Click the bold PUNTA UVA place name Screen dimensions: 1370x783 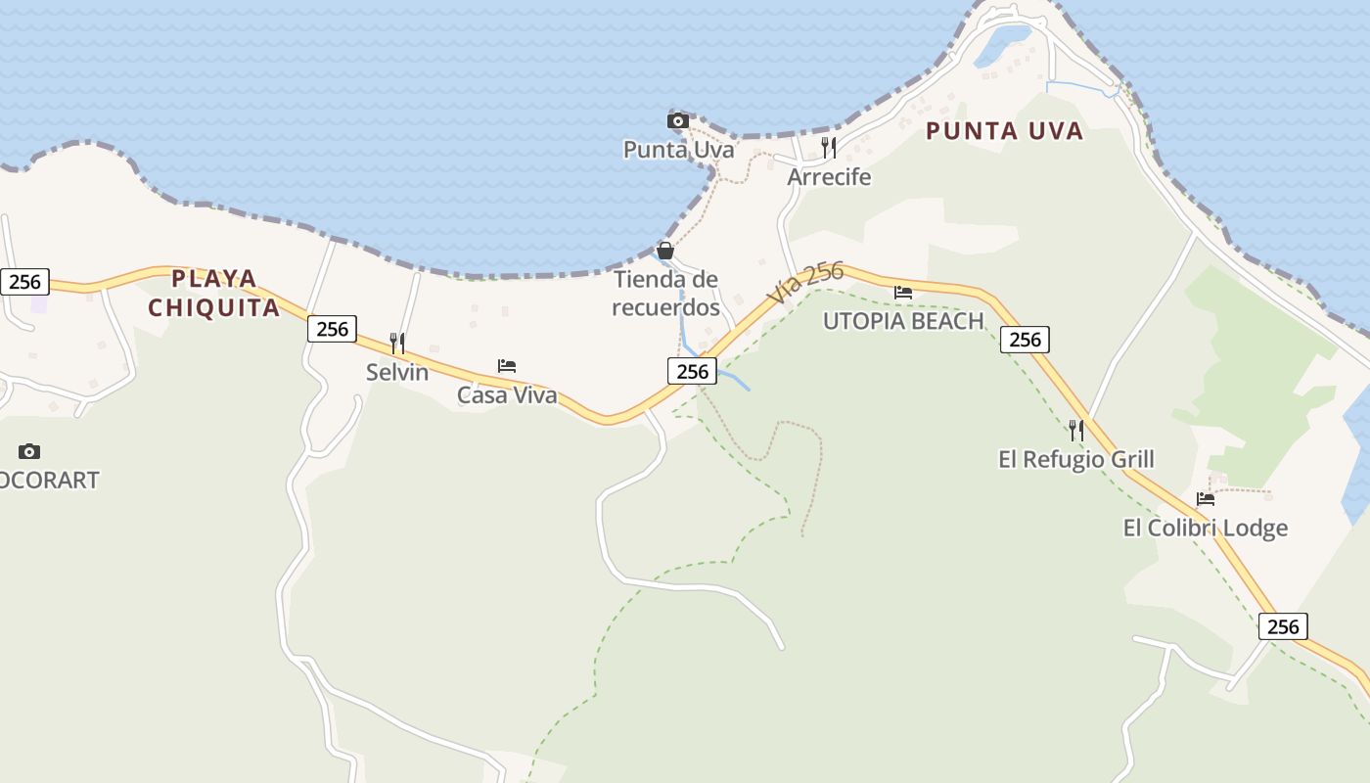(1004, 131)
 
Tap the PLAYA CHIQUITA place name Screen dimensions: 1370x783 (214, 293)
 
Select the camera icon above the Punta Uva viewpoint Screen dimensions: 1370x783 (677, 120)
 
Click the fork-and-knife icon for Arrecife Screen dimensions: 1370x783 (829, 148)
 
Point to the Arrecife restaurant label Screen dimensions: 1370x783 (829, 177)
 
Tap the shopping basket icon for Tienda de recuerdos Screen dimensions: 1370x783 (665, 251)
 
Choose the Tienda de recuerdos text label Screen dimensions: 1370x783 (665, 294)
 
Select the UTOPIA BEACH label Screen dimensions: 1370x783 (902, 321)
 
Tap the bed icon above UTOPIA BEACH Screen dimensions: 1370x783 (903, 292)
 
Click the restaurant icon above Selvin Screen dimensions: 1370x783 (397, 343)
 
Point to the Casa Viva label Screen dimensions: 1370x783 (507, 395)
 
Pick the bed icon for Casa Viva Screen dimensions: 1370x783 (507, 366)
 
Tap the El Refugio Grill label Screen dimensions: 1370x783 (1075, 459)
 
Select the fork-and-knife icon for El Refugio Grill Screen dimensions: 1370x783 (1076, 431)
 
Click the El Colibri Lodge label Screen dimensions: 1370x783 (1205, 529)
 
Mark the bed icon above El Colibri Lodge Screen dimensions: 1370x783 (1206, 499)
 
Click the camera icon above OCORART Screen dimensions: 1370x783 (29, 451)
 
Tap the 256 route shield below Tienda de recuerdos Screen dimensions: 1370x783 (692, 371)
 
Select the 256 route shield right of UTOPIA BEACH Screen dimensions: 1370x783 (1025, 340)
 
